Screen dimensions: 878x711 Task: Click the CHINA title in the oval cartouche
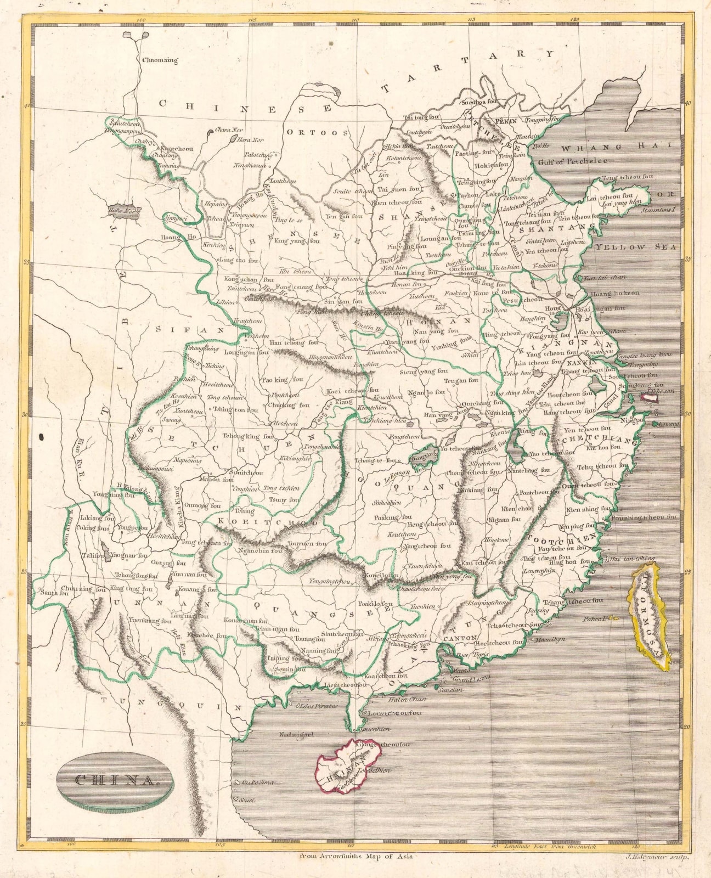(x=115, y=780)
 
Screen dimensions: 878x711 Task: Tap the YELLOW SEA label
(x=636, y=247)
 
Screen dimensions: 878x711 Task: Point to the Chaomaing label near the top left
(x=160, y=60)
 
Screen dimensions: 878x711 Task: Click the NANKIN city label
(x=582, y=363)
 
